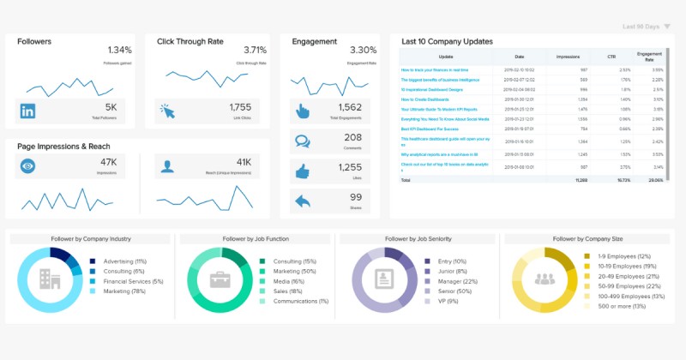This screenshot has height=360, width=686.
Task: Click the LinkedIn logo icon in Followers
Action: click(27, 111)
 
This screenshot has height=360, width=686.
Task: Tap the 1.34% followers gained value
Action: click(120, 50)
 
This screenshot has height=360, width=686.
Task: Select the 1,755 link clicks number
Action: click(241, 107)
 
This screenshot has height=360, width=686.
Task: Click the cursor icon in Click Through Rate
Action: click(166, 111)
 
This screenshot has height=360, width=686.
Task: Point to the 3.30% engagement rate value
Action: click(364, 50)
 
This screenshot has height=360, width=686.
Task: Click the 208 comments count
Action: click(353, 137)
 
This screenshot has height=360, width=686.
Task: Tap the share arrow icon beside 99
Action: click(302, 201)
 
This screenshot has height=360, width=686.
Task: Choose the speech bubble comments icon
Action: click(302, 141)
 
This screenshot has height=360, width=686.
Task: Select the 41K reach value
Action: click(244, 162)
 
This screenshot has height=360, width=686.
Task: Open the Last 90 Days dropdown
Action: click(647, 27)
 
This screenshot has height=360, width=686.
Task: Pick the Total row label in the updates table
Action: click(406, 181)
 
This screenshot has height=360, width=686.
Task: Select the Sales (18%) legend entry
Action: click(290, 291)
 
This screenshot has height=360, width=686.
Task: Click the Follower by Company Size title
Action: click(587, 239)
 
